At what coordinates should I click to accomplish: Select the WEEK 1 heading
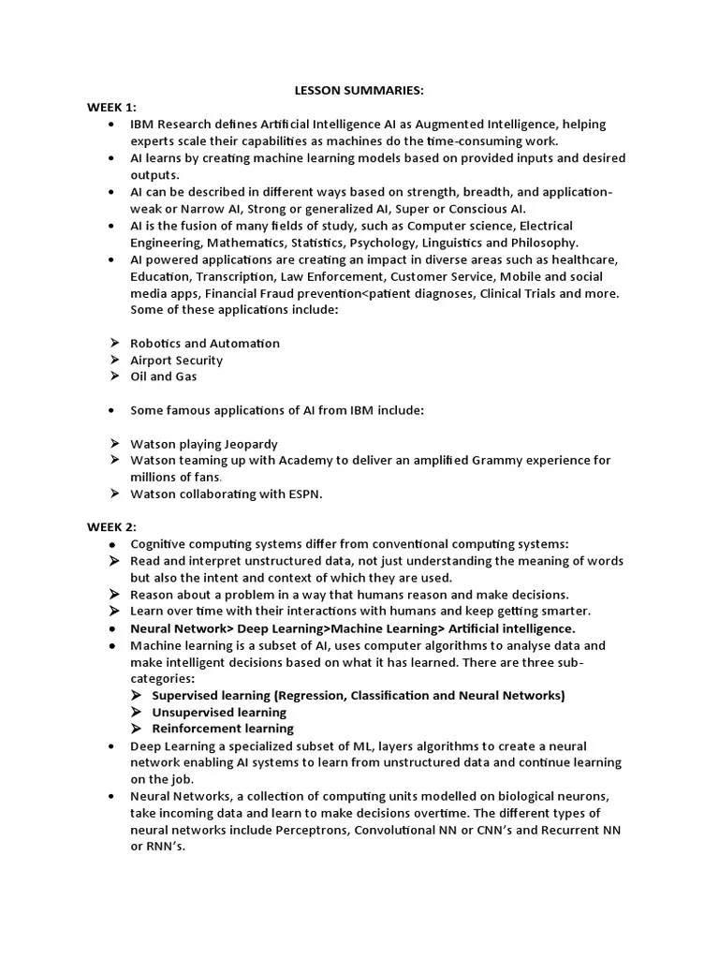pos(112,108)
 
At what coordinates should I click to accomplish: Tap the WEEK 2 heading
pos(112,527)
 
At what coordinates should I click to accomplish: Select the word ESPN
pos(301,494)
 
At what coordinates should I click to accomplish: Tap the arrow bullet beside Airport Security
pos(113,360)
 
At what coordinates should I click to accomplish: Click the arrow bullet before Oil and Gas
pos(113,376)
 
